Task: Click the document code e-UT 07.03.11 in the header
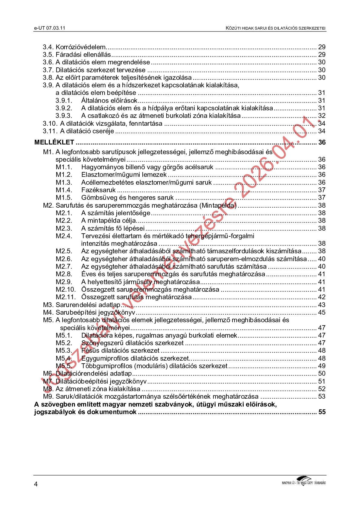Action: (50, 28)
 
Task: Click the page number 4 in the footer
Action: (36, 484)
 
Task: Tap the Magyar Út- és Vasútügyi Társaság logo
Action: (303, 481)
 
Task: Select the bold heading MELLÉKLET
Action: (54, 142)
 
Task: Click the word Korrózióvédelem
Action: (81, 47)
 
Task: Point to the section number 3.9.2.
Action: (64, 108)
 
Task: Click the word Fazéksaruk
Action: (98, 190)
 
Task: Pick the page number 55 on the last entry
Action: (322, 412)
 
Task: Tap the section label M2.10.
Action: (66, 290)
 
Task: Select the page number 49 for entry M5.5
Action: (322, 366)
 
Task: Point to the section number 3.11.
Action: (50, 131)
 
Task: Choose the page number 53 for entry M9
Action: (322, 397)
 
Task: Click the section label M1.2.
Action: (64, 175)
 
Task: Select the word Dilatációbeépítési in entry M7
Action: (82, 381)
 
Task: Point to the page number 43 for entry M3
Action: (322, 305)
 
